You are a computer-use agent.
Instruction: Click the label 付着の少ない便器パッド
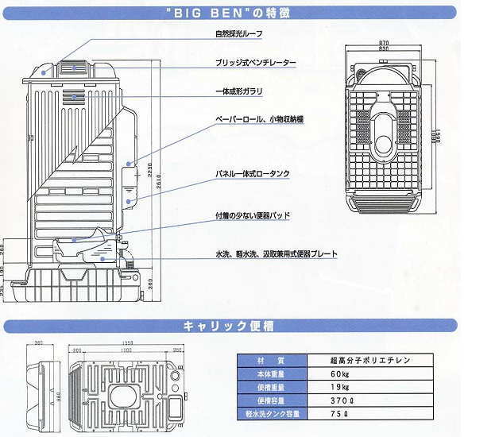[253, 215]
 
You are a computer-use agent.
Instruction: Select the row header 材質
[265, 360]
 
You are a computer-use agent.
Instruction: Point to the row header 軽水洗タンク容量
[265, 414]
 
